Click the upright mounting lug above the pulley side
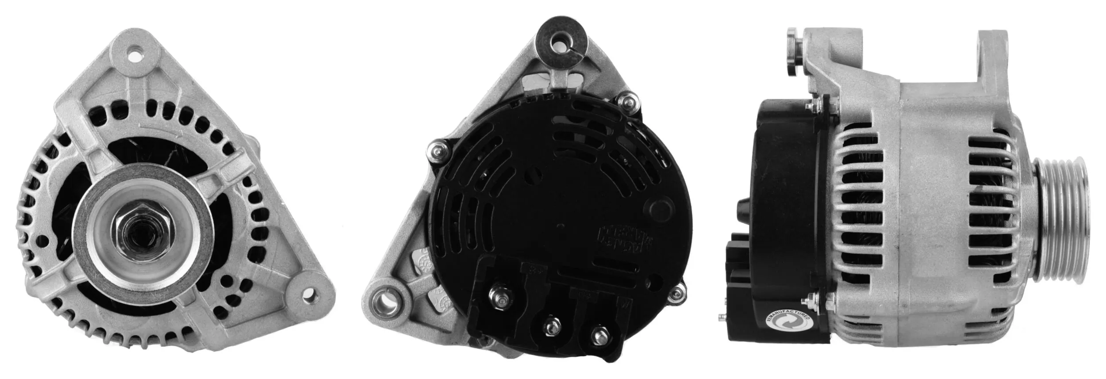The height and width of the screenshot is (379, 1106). click(x=994, y=62)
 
